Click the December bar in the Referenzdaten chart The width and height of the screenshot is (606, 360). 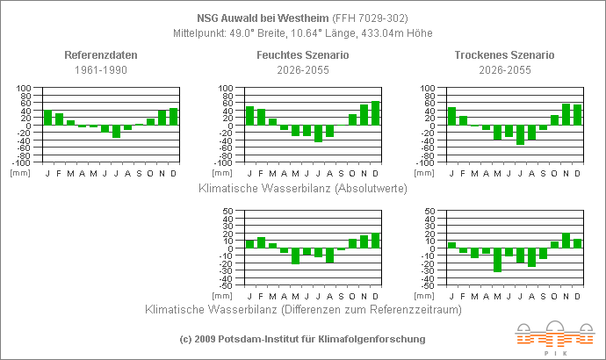pyautogui.click(x=174, y=117)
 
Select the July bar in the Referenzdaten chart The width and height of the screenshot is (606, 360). pyautogui.click(x=117, y=132)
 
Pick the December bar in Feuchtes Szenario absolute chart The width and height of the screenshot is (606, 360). pyautogui.click(x=375, y=113)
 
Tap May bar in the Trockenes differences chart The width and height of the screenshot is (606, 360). pyautogui.click(x=497, y=260)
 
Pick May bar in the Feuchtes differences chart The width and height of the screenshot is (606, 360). pyautogui.click(x=295, y=256)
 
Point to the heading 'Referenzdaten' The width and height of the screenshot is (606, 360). pyautogui.click(x=101, y=54)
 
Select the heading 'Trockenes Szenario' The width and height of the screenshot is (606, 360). pyautogui.click(x=504, y=54)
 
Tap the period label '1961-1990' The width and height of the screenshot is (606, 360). pyautogui.click(x=101, y=68)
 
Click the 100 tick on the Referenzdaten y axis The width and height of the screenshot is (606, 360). pyautogui.click(x=25, y=89)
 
